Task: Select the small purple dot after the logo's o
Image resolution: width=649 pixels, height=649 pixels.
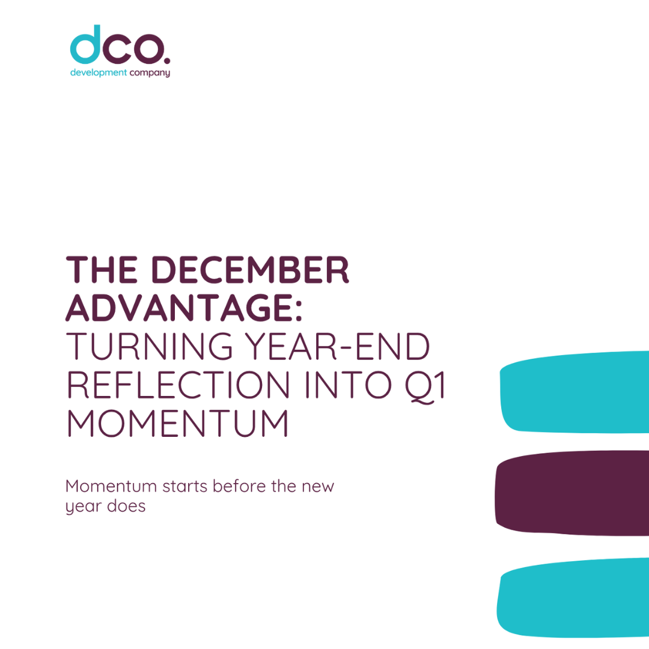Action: (167, 61)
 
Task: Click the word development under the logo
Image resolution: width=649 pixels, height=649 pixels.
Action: (99, 73)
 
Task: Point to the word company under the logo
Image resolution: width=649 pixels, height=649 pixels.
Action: (150, 73)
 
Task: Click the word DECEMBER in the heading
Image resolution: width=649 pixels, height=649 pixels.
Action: (251, 270)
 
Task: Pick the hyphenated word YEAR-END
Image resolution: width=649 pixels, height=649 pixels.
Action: (337, 346)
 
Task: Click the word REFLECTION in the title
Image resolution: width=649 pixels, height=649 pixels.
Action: (178, 385)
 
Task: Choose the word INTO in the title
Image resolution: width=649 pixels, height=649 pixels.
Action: (348, 385)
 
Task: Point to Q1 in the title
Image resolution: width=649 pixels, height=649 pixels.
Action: (425, 386)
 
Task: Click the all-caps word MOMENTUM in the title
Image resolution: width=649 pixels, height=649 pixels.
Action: (177, 423)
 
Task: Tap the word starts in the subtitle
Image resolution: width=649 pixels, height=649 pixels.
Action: (184, 486)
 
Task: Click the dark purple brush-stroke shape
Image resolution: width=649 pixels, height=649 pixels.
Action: (572, 493)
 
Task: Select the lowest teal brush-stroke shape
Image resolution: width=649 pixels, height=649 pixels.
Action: (573, 598)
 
